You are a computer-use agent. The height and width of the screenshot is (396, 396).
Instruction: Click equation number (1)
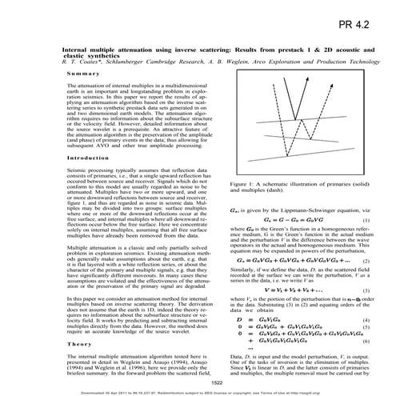(365, 219)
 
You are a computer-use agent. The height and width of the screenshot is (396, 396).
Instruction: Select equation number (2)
(365, 261)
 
